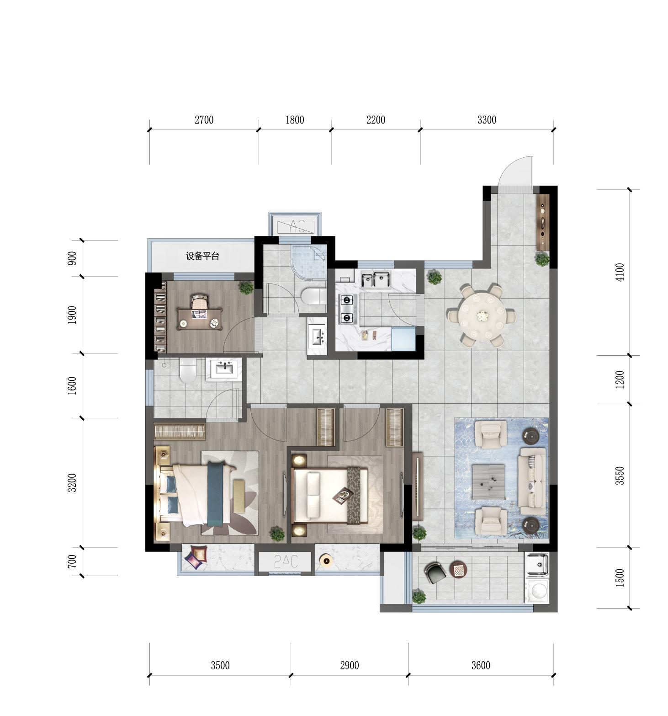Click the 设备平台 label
tap(202, 256)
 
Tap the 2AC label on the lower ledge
tap(286, 561)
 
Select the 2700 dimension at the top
tap(204, 120)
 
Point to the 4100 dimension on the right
tap(620, 272)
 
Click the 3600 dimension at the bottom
tap(481, 665)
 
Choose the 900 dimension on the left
tap(72, 258)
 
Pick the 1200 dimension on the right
tap(620, 379)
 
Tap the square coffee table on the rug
tap(488, 481)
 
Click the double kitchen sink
tap(375, 280)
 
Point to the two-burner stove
tap(347, 309)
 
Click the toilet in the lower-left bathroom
tap(188, 370)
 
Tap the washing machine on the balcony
tap(537, 591)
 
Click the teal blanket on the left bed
tap(216, 494)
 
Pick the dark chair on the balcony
tap(435, 572)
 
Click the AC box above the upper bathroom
tap(295, 225)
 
